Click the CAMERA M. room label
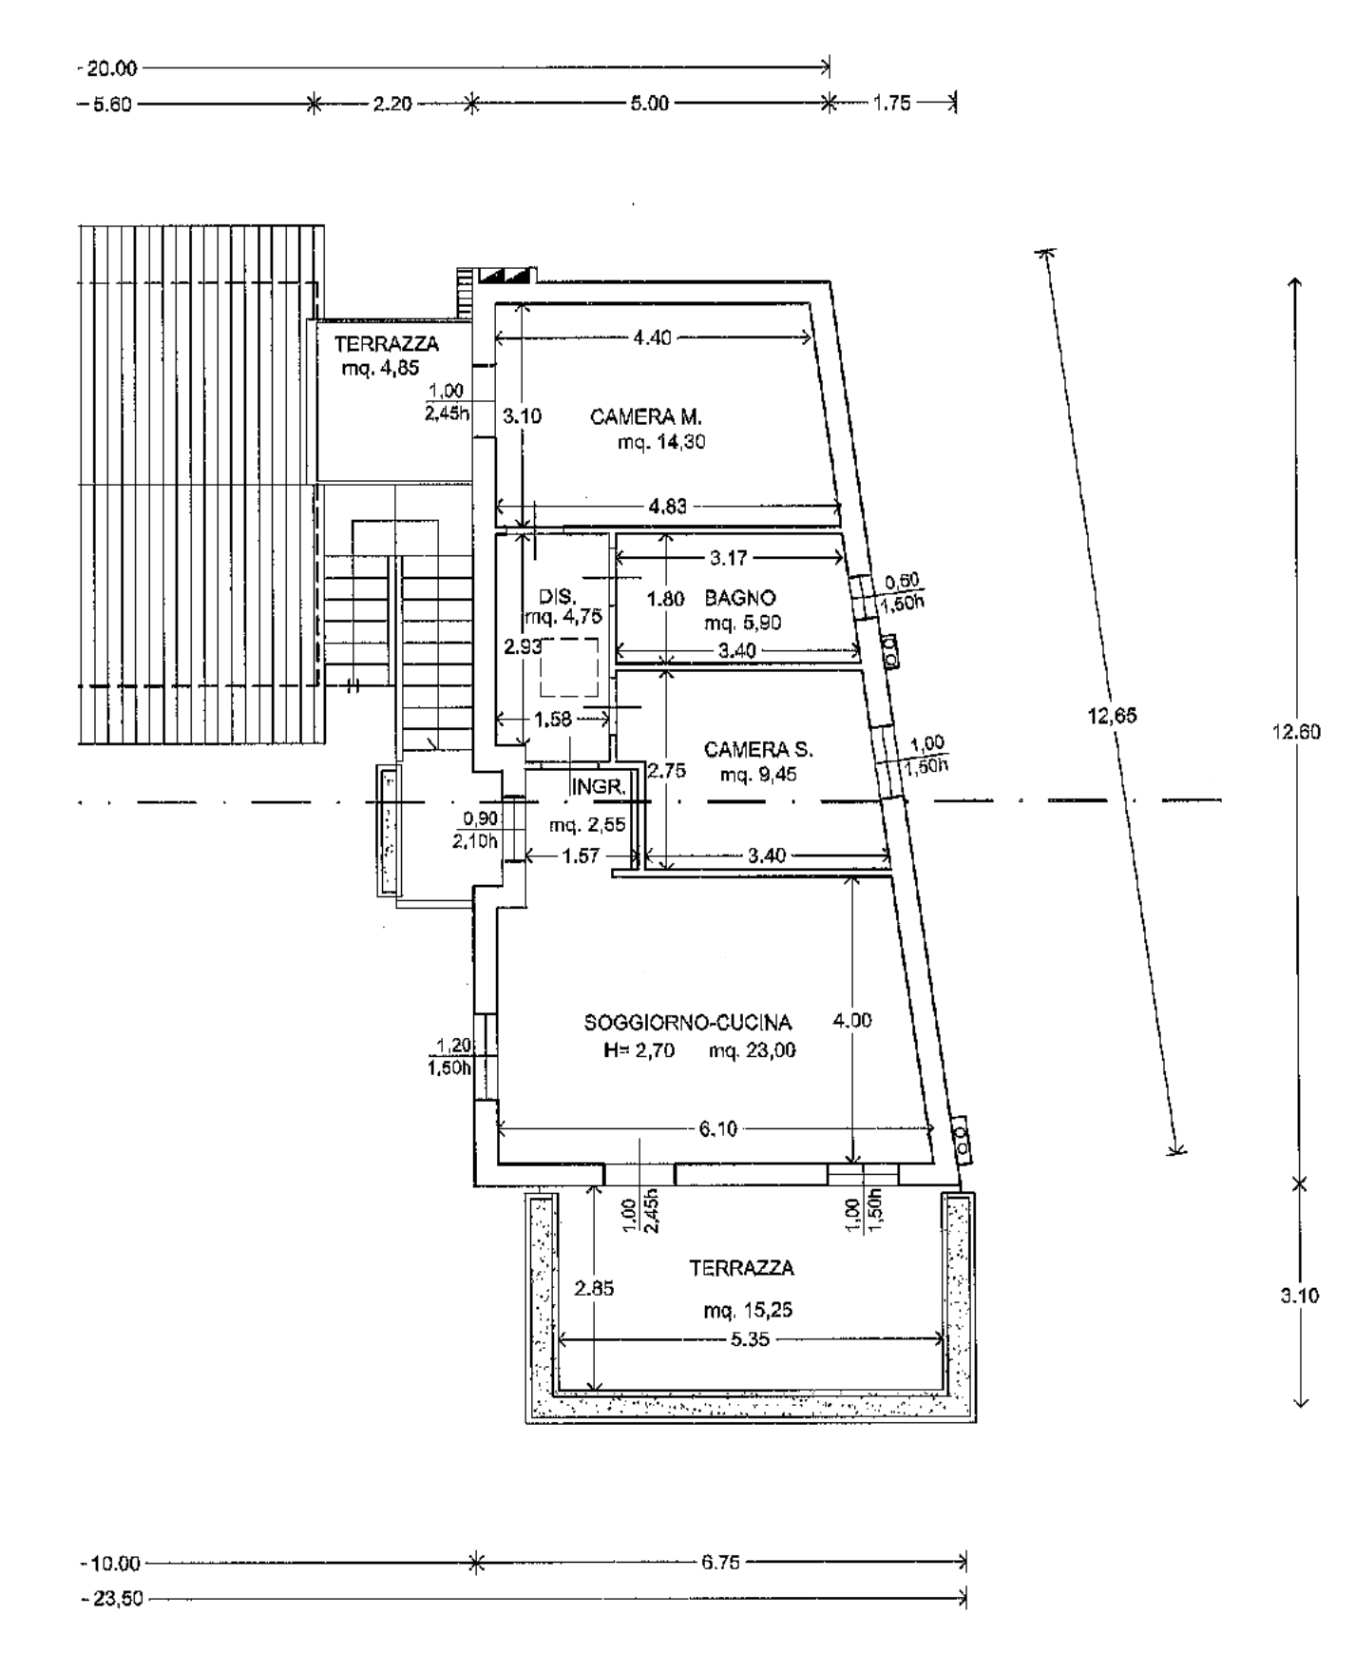[645, 416]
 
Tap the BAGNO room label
[740, 598]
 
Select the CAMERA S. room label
[758, 749]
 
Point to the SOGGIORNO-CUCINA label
[688, 1023]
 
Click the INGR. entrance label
[599, 787]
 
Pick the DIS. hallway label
[557, 597]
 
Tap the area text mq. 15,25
[748, 1311]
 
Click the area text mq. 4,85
[380, 369]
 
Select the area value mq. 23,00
[752, 1050]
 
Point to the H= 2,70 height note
[639, 1050]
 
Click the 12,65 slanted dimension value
[1112, 716]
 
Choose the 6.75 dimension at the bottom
[720, 1562]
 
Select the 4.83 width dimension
[667, 507]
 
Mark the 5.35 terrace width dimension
[751, 1339]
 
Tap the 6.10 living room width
[717, 1129]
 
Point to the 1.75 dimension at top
[892, 104]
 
